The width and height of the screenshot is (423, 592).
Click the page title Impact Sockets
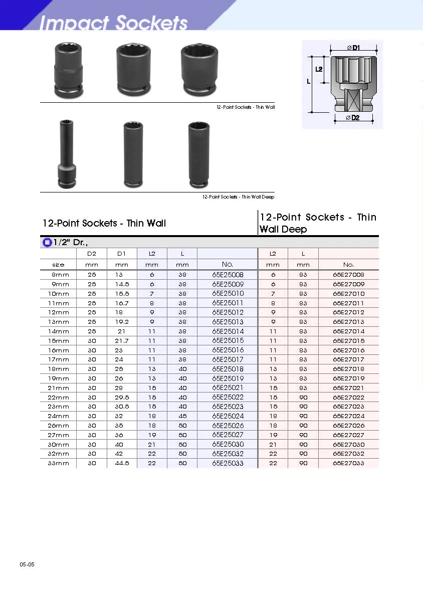pyautogui.click(x=113, y=23)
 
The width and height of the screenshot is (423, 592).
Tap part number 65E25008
pyautogui.click(x=228, y=275)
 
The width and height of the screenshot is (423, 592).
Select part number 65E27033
pyautogui.click(x=348, y=463)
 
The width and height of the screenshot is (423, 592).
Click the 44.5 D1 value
pyautogui.click(x=122, y=463)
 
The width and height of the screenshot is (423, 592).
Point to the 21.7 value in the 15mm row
pyautogui.click(x=122, y=341)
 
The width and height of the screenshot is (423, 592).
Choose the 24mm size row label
pyautogui.click(x=59, y=416)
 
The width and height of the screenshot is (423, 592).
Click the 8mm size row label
pyautogui.click(x=61, y=275)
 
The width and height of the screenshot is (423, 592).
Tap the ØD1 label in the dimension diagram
pyautogui.click(x=354, y=48)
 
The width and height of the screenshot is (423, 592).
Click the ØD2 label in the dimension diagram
pyautogui.click(x=353, y=118)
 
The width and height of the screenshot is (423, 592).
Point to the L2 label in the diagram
pyautogui.click(x=319, y=69)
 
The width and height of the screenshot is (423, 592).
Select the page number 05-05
pyautogui.click(x=27, y=564)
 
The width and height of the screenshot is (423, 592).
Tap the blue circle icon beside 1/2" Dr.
pyautogui.click(x=48, y=243)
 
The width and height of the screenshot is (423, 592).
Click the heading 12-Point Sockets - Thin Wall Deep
pyautogui.click(x=318, y=223)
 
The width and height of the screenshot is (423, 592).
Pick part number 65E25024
pyautogui.click(x=228, y=416)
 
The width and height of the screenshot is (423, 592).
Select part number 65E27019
pyautogui.click(x=348, y=378)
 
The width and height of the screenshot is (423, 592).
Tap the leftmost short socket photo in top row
pyautogui.click(x=68, y=69)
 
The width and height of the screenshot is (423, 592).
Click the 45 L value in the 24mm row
pyautogui.click(x=182, y=416)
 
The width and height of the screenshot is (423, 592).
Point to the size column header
pyautogui.click(x=58, y=265)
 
